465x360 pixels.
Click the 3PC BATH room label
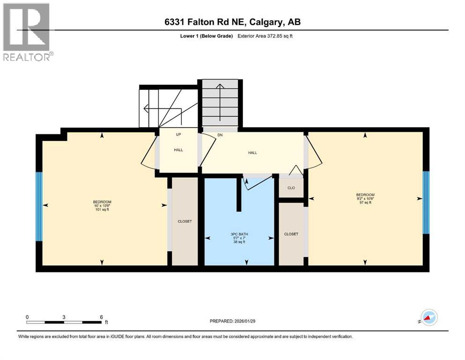[239, 234]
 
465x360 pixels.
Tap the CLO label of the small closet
[291, 187]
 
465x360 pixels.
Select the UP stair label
[178, 135]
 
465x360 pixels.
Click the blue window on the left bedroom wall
[39, 206]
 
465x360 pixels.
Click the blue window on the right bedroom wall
[426, 202]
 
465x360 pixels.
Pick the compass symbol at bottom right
[428, 318]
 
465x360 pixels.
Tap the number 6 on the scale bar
[101, 317]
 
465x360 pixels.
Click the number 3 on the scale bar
[64, 317]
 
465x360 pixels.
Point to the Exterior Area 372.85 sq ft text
[266, 36]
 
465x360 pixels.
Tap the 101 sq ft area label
[102, 210]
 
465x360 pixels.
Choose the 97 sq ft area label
[365, 202]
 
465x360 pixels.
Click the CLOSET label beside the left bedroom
[185, 221]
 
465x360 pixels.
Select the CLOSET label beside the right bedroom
[291, 234]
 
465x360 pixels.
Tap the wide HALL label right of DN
[252, 152]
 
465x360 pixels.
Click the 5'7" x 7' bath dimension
[239, 238]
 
